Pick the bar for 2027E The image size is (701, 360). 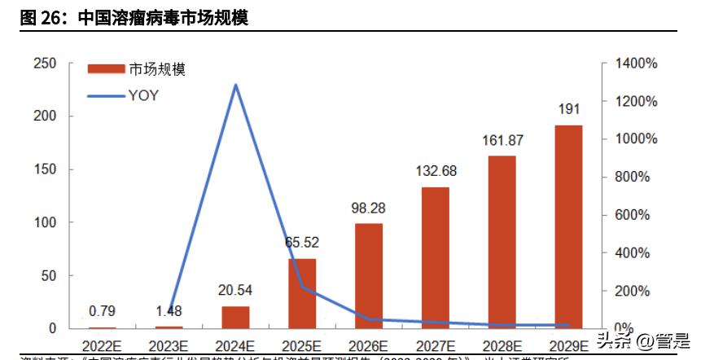click(x=436, y=257)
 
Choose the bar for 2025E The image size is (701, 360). click(x=302, y=293)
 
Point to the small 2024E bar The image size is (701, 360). click(x=235, y=318)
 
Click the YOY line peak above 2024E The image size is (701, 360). click(x=235, y=85)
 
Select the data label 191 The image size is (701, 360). click(x=569, y=109)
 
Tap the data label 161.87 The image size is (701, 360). click(x=502, y=140)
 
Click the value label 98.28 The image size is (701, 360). click(x=369, y=208)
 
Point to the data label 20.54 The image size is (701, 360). click(x=235, y=290)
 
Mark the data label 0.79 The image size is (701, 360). click(x=102, y=310)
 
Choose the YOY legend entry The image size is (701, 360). click(x=142, y=95)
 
